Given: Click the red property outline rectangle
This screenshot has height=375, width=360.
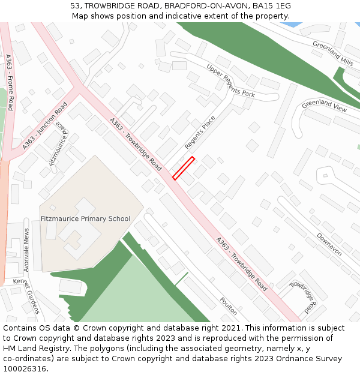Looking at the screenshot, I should coord(184,168).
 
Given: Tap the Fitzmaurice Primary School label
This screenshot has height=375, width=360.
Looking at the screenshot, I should coord(85,218).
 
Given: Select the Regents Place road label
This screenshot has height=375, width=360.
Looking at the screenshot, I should coord(200,133).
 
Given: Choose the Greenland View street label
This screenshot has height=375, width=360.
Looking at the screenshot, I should coord(324,106).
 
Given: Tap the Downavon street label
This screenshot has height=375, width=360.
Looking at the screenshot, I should coord(329,244).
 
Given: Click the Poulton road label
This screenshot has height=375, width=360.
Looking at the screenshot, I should coord(228,306).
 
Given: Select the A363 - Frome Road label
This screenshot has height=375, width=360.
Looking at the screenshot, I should coord(9,82).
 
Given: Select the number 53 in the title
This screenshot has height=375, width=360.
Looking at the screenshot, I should coord(75,5).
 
